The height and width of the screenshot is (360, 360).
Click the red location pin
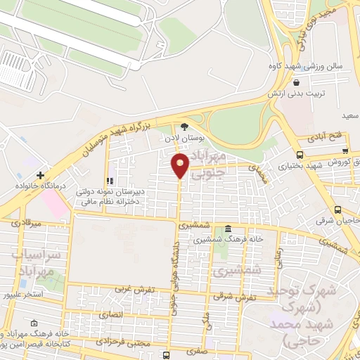point(180,166)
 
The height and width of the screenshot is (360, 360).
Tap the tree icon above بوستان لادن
point(184,127)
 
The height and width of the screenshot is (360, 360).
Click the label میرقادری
point(26,224)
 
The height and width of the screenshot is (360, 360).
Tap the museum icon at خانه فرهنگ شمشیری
point(229,229)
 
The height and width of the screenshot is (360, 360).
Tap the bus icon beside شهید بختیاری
point(300,155)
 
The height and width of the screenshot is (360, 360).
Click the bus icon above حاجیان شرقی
point(338,210)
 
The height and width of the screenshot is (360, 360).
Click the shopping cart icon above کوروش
point(345,149)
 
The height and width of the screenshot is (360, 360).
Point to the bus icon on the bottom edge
point(166,355)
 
